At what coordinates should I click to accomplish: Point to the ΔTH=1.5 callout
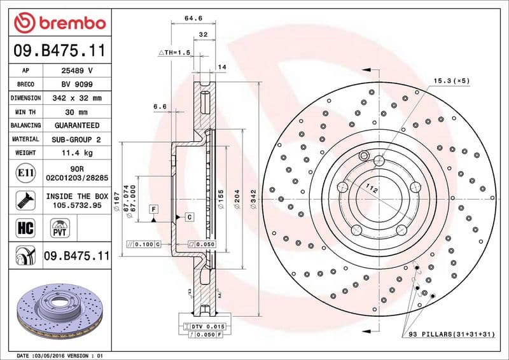tap(174, 52)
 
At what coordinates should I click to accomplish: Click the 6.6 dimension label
tap(160, 106)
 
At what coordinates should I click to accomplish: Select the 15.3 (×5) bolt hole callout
tap(451, 81)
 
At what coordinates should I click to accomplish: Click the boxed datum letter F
tap(153, 209)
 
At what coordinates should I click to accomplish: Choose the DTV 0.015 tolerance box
tap(204, 326)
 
